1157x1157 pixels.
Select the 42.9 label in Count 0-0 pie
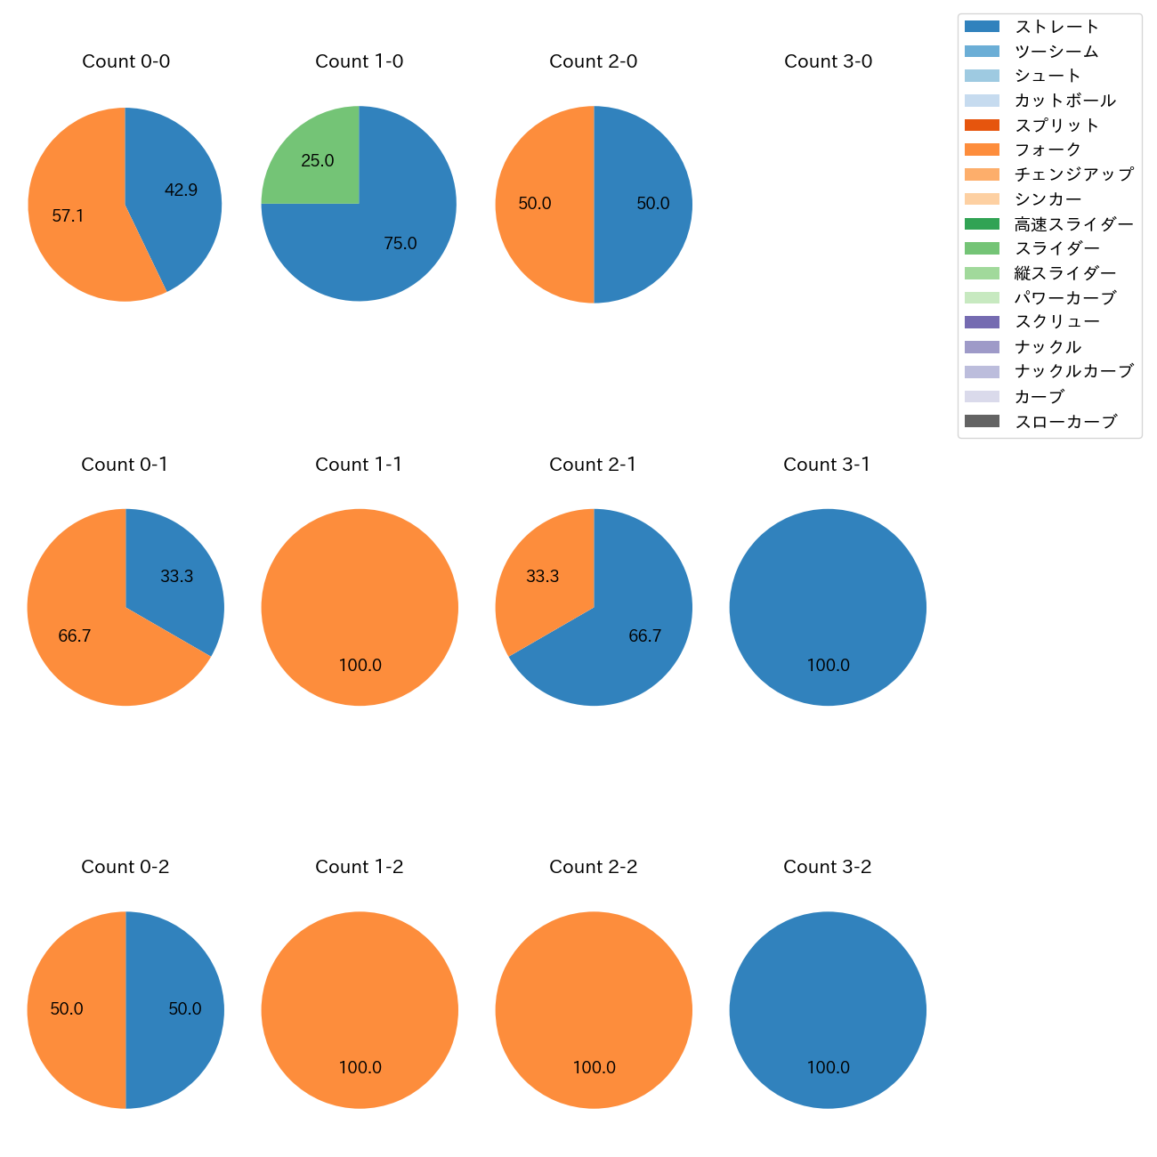[x=181, y=190]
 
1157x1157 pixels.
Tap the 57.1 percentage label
[x=68, y=215]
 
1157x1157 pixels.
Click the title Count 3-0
[x=828, y=61]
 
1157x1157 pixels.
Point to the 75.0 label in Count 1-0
[x=400, y=243]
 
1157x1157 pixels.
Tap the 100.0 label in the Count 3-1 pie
[x=828, y=665]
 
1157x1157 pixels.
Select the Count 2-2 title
[x=593, y=867]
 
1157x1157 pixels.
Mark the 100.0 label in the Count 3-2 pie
[x=828, y=1067]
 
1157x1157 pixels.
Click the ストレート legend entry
[x=1056, y=27]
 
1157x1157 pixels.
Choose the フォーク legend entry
[x=1048, y=150]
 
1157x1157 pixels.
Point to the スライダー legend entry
[x=1056, y=248]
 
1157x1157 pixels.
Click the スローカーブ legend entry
[x=1065, y=422]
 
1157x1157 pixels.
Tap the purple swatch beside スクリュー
[x=982, y=322]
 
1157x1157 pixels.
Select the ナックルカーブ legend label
[x=1073, y=371]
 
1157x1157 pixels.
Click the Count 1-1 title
[x=359, y=465]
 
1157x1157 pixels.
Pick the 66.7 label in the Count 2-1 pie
[x=644, y=635]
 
